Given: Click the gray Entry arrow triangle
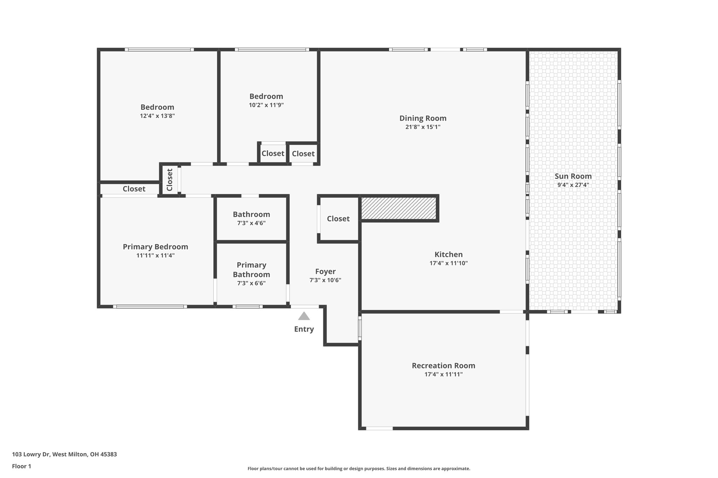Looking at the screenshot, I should tap(304, 317).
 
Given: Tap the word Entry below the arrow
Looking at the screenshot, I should tap(304, 329).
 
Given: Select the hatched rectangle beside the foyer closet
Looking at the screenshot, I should tap(399, 208).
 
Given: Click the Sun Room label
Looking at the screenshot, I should tap(573, 176).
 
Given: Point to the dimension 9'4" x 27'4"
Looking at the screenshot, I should tap(573, 185).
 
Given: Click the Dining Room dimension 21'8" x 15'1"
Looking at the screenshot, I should tap(423, 127).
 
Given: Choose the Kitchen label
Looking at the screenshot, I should tap(448, 255).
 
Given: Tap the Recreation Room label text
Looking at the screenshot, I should tap(443, 366).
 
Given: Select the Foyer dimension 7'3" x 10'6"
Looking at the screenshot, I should tap(325, 280).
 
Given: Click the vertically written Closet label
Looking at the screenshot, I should tap(170, 180).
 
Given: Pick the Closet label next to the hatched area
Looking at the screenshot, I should tap(338, 219).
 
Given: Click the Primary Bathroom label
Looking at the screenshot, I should tap(251, 270).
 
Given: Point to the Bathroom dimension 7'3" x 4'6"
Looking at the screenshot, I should tap(251, 223).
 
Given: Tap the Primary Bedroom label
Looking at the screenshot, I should tap(155, 247).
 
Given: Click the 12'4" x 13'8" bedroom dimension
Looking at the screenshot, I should tap(157, 116).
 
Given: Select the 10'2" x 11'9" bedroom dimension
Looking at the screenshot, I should tap(266, 105).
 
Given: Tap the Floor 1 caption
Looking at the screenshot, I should tap(22, 466).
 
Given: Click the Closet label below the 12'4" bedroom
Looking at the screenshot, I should tap(134, 189).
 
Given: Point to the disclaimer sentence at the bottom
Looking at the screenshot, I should tap(359, 469).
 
